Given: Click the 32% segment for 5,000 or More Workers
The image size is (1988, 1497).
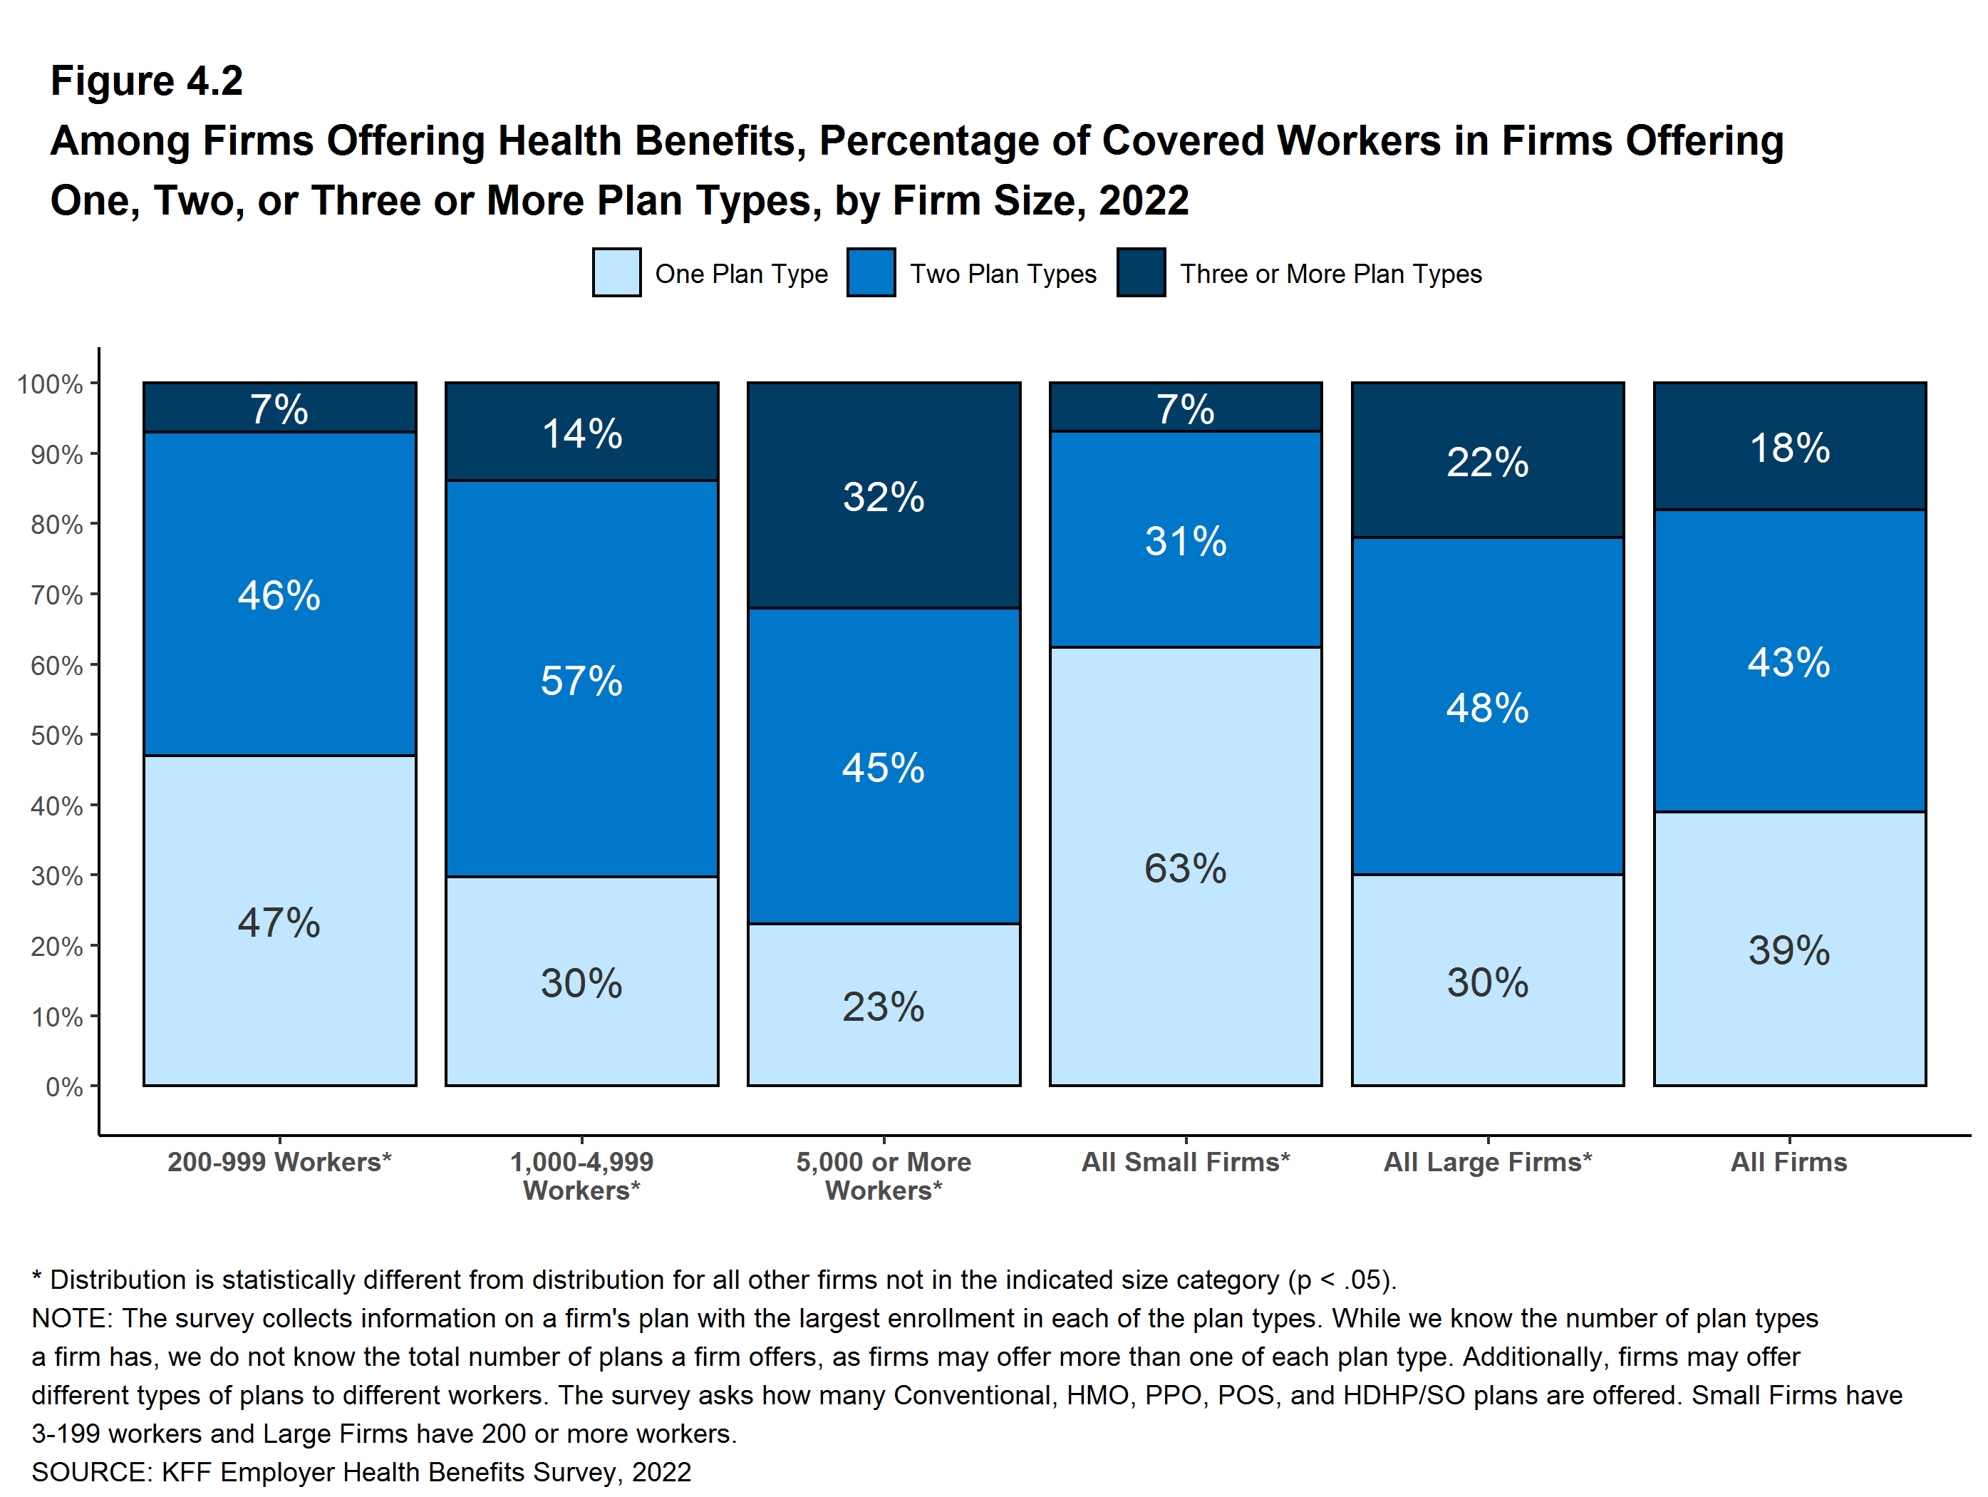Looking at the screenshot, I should click(884, 496).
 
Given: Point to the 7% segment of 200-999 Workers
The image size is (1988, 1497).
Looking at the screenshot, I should click(279, 408).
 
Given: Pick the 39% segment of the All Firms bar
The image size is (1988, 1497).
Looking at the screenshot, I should click(1789, 949).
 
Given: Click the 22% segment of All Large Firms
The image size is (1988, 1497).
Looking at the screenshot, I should click(1487, 461).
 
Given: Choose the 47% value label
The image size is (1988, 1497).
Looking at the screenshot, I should click(279, 922).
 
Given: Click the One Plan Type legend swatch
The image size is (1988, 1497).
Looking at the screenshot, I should click(616, 272).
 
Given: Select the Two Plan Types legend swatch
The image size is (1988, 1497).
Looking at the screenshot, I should click(871, 272).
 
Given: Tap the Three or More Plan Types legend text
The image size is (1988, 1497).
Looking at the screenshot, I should click(1330, 274).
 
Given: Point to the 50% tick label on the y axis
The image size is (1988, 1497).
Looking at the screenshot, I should click(56, 736).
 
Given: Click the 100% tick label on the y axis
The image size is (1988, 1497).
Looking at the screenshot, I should click(51, 384).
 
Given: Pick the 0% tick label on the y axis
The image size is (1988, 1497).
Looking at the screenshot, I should click(64, 1087).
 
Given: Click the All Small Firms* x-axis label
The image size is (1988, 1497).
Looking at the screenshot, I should click(1186, 1162).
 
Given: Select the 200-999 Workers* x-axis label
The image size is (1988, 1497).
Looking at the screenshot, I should click(279, 1162).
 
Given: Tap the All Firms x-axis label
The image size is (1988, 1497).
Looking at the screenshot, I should click(1788, 1162).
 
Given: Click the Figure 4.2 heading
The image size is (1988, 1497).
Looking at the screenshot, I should click(147, 81).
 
